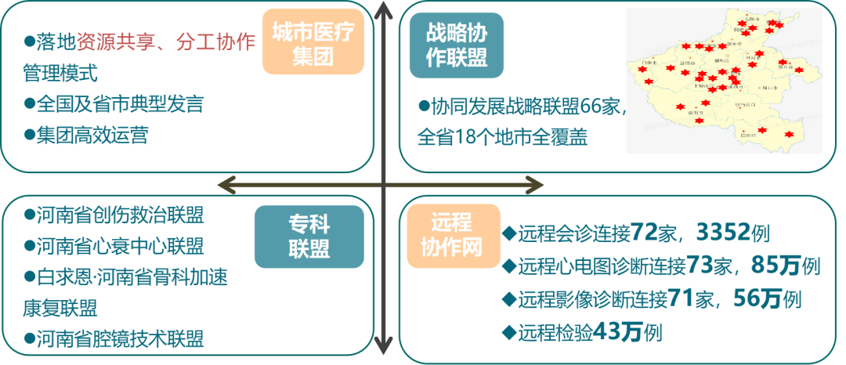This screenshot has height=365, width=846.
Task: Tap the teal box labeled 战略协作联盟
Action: (456, 45)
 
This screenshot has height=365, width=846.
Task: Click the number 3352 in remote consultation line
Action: (721, 233)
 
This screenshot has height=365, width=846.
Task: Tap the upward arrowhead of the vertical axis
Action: (383, 12)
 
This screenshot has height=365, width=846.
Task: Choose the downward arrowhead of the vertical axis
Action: (383, 345)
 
